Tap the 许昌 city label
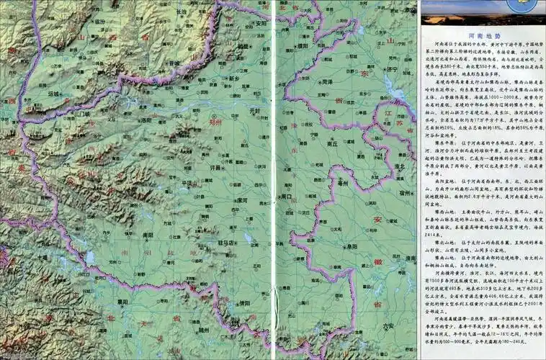pos(215,166)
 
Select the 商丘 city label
pos(332,143)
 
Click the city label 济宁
pos(393,69)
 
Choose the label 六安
pos(390,326)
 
